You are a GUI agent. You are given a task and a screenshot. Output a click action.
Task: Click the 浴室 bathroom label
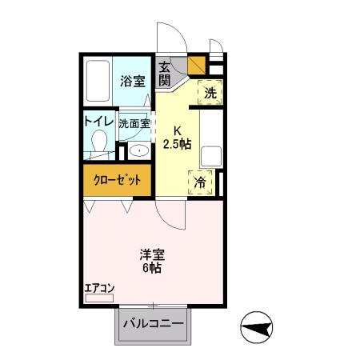pyautogui.click(x=132, y=81)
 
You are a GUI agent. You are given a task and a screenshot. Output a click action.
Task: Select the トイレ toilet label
pyautogui.click(x=98, y=122)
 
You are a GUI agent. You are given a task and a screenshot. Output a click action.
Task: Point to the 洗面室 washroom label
pyautogui.click(x=134, y=123)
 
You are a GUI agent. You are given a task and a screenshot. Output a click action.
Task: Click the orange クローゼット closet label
pyautogui.click(x=119, y=180)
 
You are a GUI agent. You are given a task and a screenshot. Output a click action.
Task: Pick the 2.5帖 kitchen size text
pyautogui.click(x=177, y=144)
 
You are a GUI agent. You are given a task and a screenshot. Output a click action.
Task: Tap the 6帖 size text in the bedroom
pyautogui.click(x=152, y=269)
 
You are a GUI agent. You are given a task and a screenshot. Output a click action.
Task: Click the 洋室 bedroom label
pyautogui.click(x=152, y=254)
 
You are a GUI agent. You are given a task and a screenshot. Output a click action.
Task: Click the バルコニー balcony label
pyautogui.click(x=154, y=326)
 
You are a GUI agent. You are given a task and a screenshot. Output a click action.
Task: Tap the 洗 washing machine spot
pyautogui.click(x=210, y=92)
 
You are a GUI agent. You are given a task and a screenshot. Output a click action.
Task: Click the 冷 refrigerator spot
pyautogui.click(x=201, y=182)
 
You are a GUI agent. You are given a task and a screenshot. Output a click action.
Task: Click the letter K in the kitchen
pyautogui.click(x=177, y=130)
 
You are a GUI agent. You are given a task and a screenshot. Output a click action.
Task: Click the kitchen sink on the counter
pyautogui.click(x=213, y=156)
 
